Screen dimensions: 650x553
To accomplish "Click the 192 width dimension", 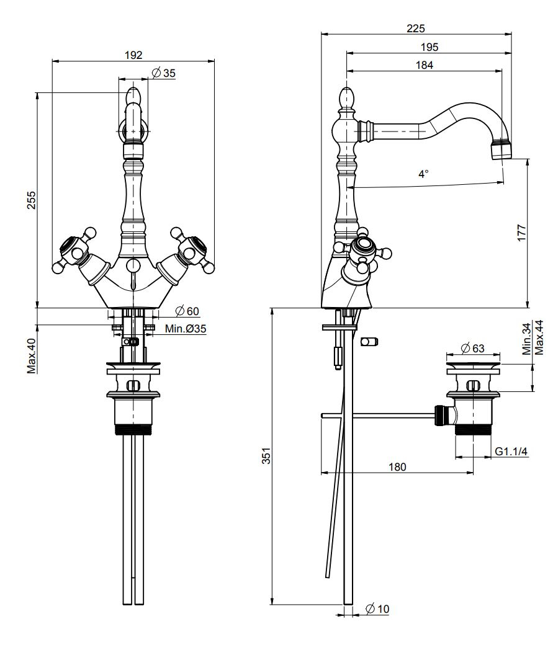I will pyautogui.click(x=133, y=55).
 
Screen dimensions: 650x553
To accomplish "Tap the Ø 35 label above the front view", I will pyautogui.click(x=163, y=73).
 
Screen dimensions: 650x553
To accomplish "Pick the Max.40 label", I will pyautogui.click(x=31, y=355).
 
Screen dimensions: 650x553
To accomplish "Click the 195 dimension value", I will pyautogui.click(x=429, y=47).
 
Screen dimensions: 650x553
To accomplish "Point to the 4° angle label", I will pyautogui.click(x=423, y=175).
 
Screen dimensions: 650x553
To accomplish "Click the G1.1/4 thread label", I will pyautogui.click(x=511, y=452).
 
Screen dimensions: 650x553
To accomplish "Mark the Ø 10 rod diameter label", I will pyautogui.click(x=377, y=609).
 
